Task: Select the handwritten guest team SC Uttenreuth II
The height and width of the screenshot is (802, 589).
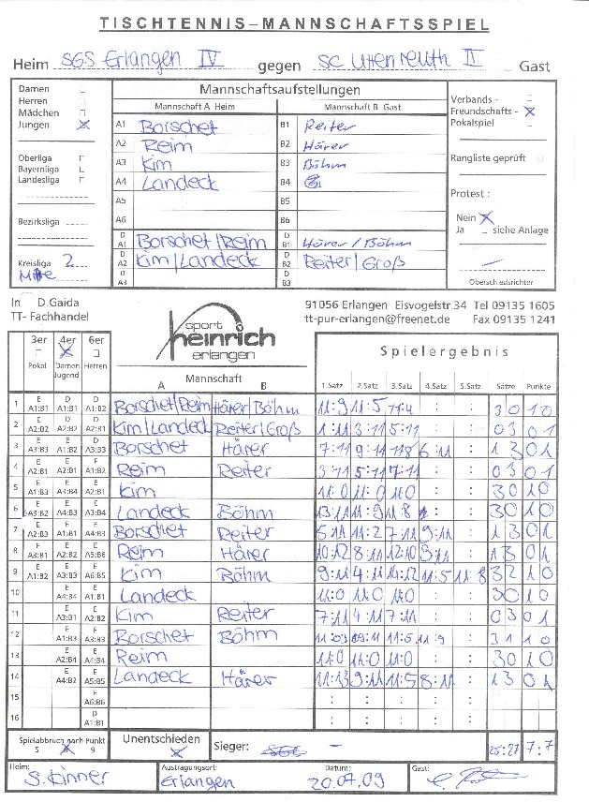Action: click(x=400, y=61)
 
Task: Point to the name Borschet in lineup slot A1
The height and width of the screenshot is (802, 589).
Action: click(x=179, y=125)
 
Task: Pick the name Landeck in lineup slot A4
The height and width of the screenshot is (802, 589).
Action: click(x=179, y=183)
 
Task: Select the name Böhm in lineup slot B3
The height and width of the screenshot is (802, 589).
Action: click(x=324, y=164)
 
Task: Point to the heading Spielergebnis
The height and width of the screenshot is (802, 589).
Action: click(x=444, y=352)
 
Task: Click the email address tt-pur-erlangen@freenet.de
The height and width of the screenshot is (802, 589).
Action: click(x=377, y=319)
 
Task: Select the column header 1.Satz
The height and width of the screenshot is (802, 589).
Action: click(x=331, y=386)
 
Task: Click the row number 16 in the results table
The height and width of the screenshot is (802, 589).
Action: click(x=15, y=718)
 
